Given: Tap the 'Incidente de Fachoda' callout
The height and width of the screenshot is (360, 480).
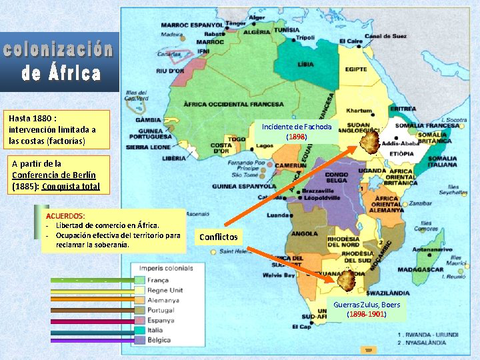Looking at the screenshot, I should pyautogui.click(x=298, y=131).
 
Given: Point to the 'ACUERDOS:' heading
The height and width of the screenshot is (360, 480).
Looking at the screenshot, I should pyautogui.click(x=66, y=216).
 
